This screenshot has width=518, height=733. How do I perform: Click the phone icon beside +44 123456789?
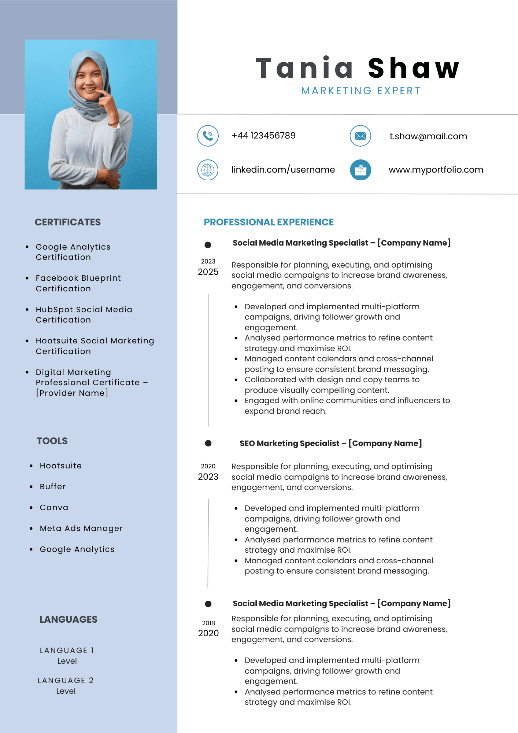(x=208, y=136)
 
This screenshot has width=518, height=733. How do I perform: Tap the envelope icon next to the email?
(x=360, y=136)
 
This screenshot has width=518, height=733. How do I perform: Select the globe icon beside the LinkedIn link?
(x=208, y=170)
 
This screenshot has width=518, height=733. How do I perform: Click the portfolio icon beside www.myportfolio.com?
(x=360, y=170)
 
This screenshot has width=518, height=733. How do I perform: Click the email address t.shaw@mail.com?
(x=428, y=136)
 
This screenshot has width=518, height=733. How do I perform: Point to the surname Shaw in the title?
(x=414, y=68)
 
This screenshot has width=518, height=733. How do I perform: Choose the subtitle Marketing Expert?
(x=361, y=91)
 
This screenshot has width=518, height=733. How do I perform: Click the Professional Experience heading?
(x=269, y=222)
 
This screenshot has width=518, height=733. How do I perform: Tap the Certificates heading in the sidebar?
(x=68, y=222)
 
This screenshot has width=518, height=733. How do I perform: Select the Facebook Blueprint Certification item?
(x=78, y=283)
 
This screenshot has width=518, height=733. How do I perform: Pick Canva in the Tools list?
(x=54, y=508)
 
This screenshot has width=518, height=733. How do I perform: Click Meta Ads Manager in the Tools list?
(x=81, y=528)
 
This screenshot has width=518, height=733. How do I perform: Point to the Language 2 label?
(x=66, y=681)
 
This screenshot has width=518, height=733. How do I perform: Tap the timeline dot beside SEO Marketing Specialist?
(x=208, y=443)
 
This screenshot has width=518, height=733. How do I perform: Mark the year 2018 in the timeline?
(x=208, y=623)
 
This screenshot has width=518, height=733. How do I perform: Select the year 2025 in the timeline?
(x=208, y=272)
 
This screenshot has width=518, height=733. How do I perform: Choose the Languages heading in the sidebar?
(x=69, y=619)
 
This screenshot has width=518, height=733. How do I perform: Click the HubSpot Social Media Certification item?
(x=84, y=314)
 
